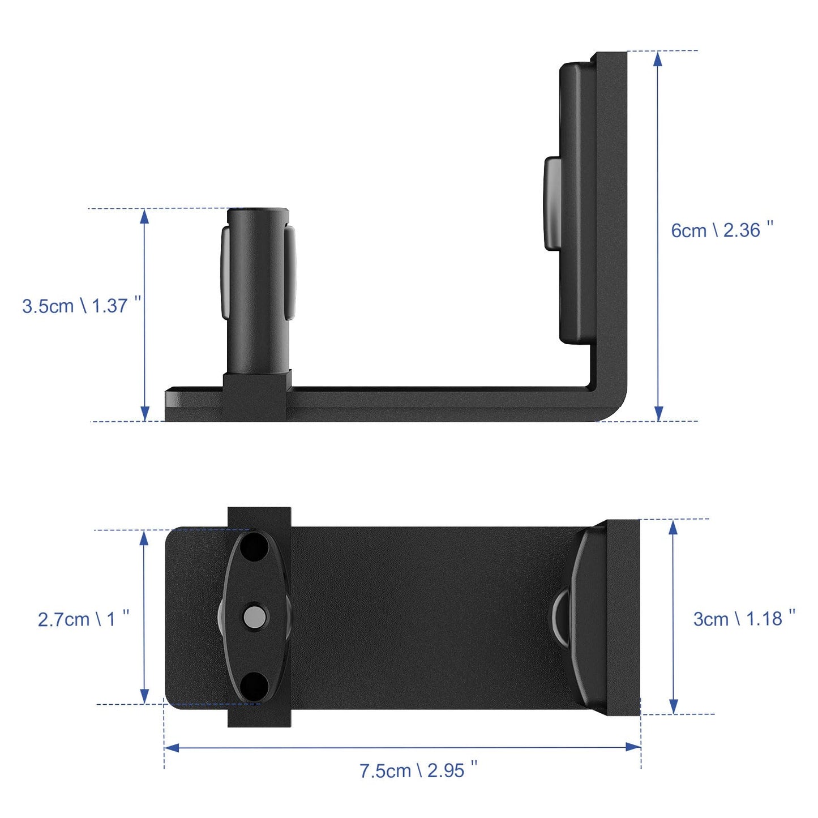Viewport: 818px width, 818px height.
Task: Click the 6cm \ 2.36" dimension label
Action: coord(721,230)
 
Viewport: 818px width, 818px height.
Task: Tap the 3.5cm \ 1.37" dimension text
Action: coord(81,306)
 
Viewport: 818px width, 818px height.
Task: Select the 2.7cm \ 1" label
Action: coord(83,619)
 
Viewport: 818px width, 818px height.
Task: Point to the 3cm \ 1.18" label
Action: coord(744,618)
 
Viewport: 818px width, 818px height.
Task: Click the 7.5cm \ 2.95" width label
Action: coord(418,770)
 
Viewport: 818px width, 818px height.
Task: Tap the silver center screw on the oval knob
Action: coord(255,616)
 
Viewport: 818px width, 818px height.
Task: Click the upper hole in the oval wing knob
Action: coord(254,547)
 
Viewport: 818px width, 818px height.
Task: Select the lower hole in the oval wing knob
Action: coord(254,685)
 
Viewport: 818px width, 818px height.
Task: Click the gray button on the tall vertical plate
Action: coord(553,204)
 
